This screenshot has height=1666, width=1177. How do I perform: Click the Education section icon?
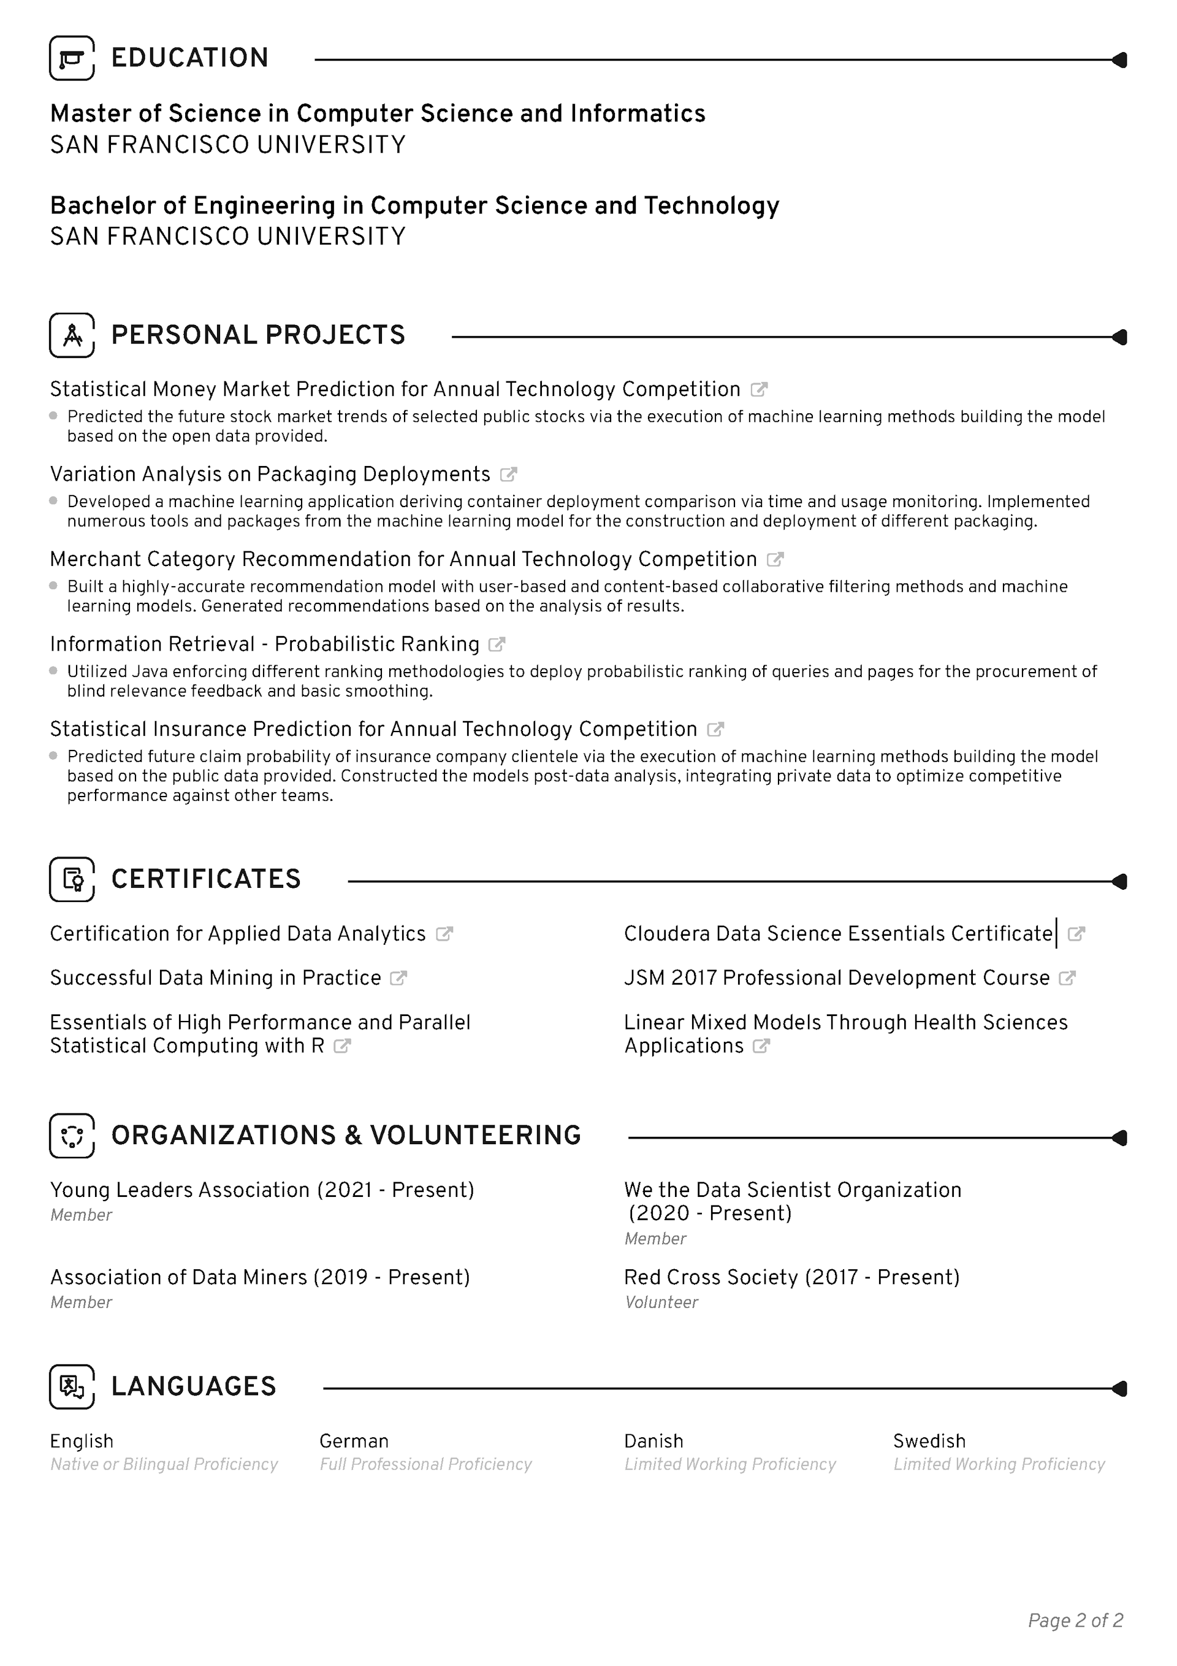point(72,58)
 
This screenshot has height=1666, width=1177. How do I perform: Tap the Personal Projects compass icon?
point(72,335)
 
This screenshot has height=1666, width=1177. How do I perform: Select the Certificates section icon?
point(72,879)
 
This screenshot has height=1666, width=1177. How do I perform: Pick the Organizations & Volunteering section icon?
point(72,1136)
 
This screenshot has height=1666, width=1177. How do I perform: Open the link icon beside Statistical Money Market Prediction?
point(759,389)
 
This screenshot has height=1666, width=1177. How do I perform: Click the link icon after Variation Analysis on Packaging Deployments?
point(509,475)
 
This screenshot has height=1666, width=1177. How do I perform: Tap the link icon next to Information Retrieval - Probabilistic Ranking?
point(497,644)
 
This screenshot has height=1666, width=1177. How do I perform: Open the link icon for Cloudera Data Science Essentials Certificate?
point(1077,934)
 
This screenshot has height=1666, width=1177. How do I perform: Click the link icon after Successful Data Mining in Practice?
point(398,978)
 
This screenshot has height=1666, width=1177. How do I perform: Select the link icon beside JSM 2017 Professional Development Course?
point(1067,978)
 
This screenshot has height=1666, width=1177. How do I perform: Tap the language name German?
point(354,1441)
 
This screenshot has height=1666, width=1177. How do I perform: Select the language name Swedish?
point(929,1441)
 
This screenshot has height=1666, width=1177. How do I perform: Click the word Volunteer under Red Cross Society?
point(661,1302)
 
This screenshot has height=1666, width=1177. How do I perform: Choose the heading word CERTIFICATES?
point(206,879)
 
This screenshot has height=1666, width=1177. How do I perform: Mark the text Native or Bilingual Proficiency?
point(164,1464)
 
